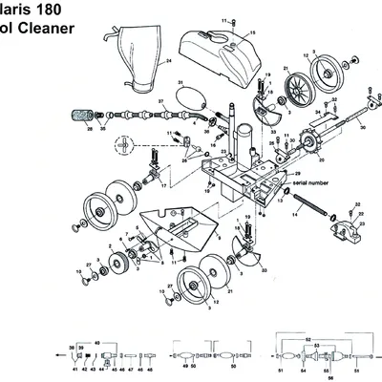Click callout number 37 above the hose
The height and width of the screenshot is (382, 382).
coord(161,99)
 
